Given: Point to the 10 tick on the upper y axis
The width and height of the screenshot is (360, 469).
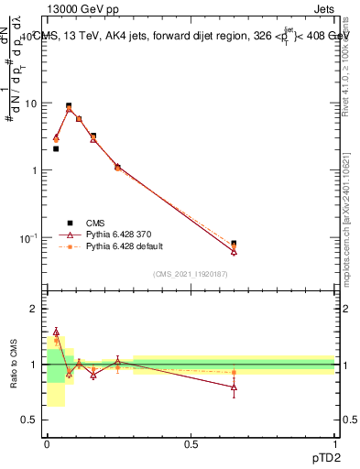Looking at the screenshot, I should tap(31, 104).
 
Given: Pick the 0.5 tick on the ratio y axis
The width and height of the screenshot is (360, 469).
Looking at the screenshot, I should tap(30, 420).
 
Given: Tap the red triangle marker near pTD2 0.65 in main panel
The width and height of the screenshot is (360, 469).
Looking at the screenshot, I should tap(235, 251).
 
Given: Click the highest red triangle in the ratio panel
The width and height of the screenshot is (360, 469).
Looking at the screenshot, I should tap(56, 333).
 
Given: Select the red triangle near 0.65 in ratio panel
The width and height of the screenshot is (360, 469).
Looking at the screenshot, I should tap(235, 387).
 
